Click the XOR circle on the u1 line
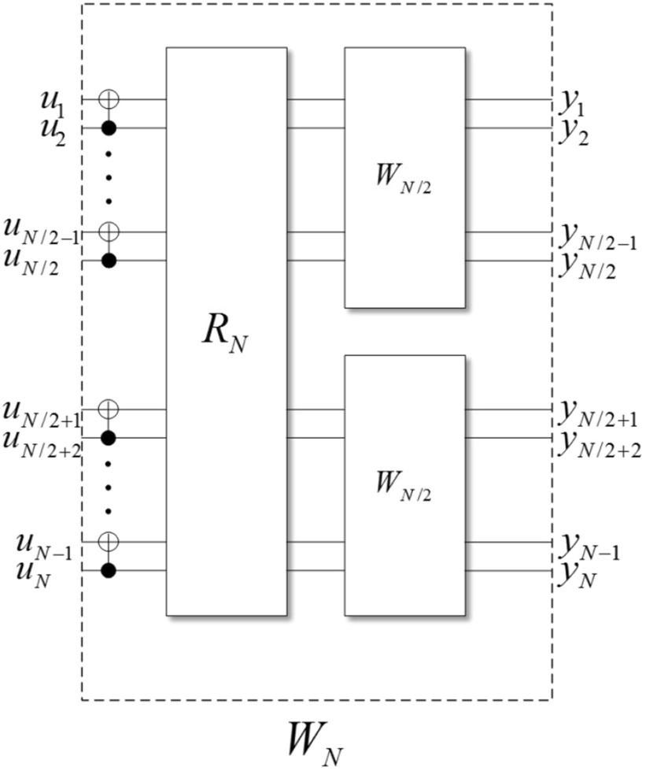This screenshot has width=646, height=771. [x=110, y=99]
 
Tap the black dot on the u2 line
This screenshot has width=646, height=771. [x=110, y=128]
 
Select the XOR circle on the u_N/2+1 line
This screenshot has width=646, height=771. [x=110, y=409]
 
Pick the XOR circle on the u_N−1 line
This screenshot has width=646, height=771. [x=110, y=542]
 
